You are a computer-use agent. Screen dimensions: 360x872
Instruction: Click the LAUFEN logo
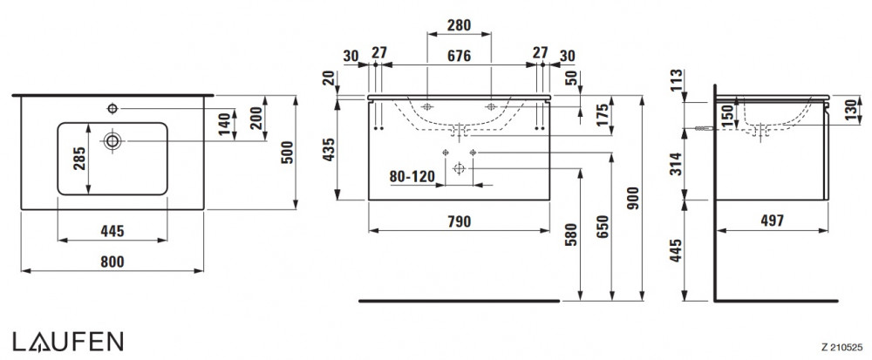tap(67, 340)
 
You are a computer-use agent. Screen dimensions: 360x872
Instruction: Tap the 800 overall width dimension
tap(112, 260)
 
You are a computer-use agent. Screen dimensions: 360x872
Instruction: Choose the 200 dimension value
tap(256, 119)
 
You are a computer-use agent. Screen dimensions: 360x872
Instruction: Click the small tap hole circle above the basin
tap(112, 108)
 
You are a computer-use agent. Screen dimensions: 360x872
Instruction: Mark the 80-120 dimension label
tap(412, 176)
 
